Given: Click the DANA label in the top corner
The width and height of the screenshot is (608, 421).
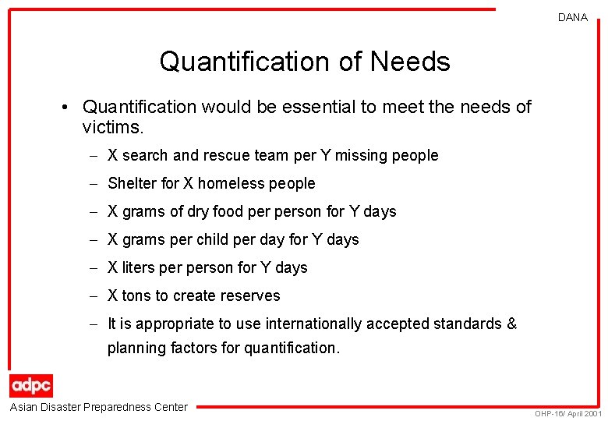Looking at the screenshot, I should (573, 17).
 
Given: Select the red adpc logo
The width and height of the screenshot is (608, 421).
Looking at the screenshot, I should (31, 385).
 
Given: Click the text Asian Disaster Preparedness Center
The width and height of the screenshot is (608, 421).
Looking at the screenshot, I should (98, 406).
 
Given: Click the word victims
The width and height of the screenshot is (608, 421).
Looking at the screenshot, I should (111, 126).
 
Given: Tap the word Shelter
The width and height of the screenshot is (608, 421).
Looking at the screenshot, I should (132, 183).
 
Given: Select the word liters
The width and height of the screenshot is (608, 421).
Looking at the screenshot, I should (138, 267).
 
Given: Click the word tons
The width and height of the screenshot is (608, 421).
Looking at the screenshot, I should (136, 295).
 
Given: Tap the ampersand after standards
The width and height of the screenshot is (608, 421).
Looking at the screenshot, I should (511, 324).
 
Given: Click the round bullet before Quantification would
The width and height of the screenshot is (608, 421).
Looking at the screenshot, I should (69, 106).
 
